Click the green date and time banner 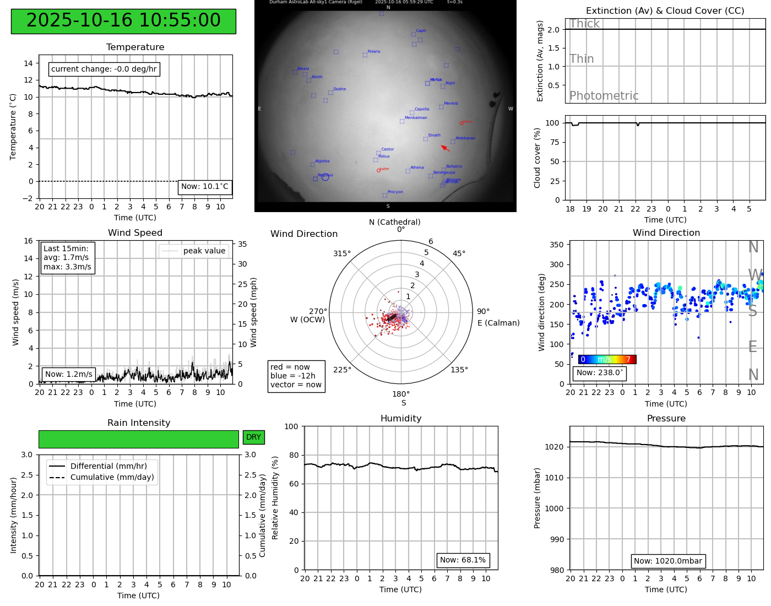[x=123, y=21]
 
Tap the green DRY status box [x=253, y=437]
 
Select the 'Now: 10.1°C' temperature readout [x=204, y=187]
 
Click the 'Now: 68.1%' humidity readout [x=463, y=560]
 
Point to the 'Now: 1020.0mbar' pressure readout [x=667, y=561]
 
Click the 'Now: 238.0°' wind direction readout [x=600, y=372]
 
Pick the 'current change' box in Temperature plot [x=104, y=69]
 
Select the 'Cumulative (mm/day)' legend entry [x=112, y=477]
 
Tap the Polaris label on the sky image [x=373, y=52]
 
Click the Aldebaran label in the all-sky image [x=465, y=138]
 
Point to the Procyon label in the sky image [x=395, y=192]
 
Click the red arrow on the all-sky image [x=446, y=148]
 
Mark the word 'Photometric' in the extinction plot [x=604, y=96]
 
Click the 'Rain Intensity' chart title [x=139, y=423]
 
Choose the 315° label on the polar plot [x=341, y=253]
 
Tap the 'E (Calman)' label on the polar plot [x=498, y=323]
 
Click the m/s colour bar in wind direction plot [x=607, y=359]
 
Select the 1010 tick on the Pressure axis [x=554, y=478]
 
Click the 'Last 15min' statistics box [x=67, y=257]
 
